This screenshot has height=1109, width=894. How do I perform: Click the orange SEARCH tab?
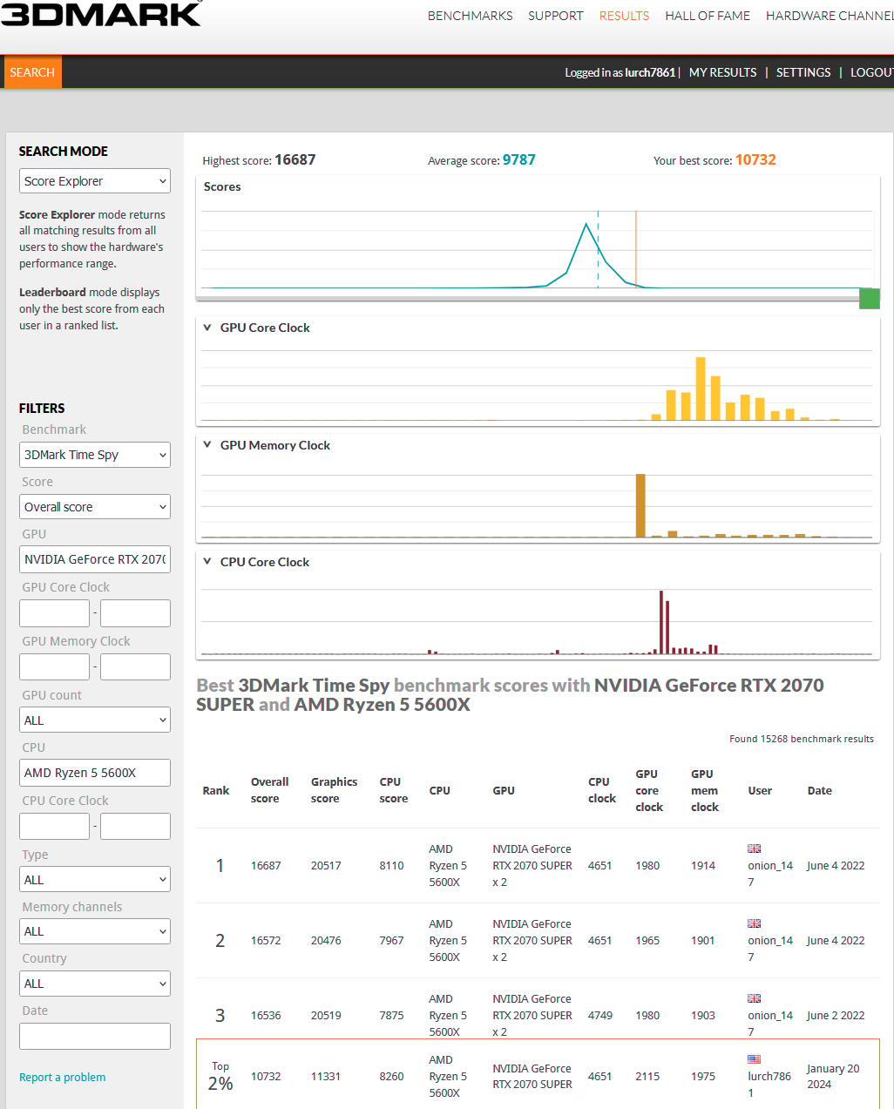[32, 71]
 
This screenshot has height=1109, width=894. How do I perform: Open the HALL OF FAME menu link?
[707, 16]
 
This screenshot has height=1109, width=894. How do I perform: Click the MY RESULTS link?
[723, 72]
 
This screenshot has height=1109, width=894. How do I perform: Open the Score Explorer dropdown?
[95, 181]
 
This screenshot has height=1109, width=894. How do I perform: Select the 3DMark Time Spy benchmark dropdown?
[95, 455]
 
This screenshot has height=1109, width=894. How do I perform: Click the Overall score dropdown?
[95, 506]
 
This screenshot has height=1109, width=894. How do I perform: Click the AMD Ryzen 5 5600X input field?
[95, 773]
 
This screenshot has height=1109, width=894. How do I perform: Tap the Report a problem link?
[63, 1077]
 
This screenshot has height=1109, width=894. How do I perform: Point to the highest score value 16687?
[295, 159]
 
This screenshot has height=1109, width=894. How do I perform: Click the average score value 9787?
[519, 159]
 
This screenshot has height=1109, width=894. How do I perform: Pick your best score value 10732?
[755, 159]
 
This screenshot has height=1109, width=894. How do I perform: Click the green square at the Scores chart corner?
[870, 299]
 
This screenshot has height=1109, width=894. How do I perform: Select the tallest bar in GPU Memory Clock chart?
[640, 505]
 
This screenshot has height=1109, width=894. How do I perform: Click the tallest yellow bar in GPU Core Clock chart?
[701, 389]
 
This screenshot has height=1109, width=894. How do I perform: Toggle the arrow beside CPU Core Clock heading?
[207, 561]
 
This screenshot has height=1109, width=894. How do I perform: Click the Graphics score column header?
[334, 790]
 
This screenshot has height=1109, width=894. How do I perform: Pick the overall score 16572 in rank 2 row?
[266, 941]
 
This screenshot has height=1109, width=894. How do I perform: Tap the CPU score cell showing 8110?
[391, 865]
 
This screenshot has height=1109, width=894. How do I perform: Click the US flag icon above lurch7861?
[754, 1059]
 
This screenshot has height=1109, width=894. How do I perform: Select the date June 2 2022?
[836, 1015]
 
